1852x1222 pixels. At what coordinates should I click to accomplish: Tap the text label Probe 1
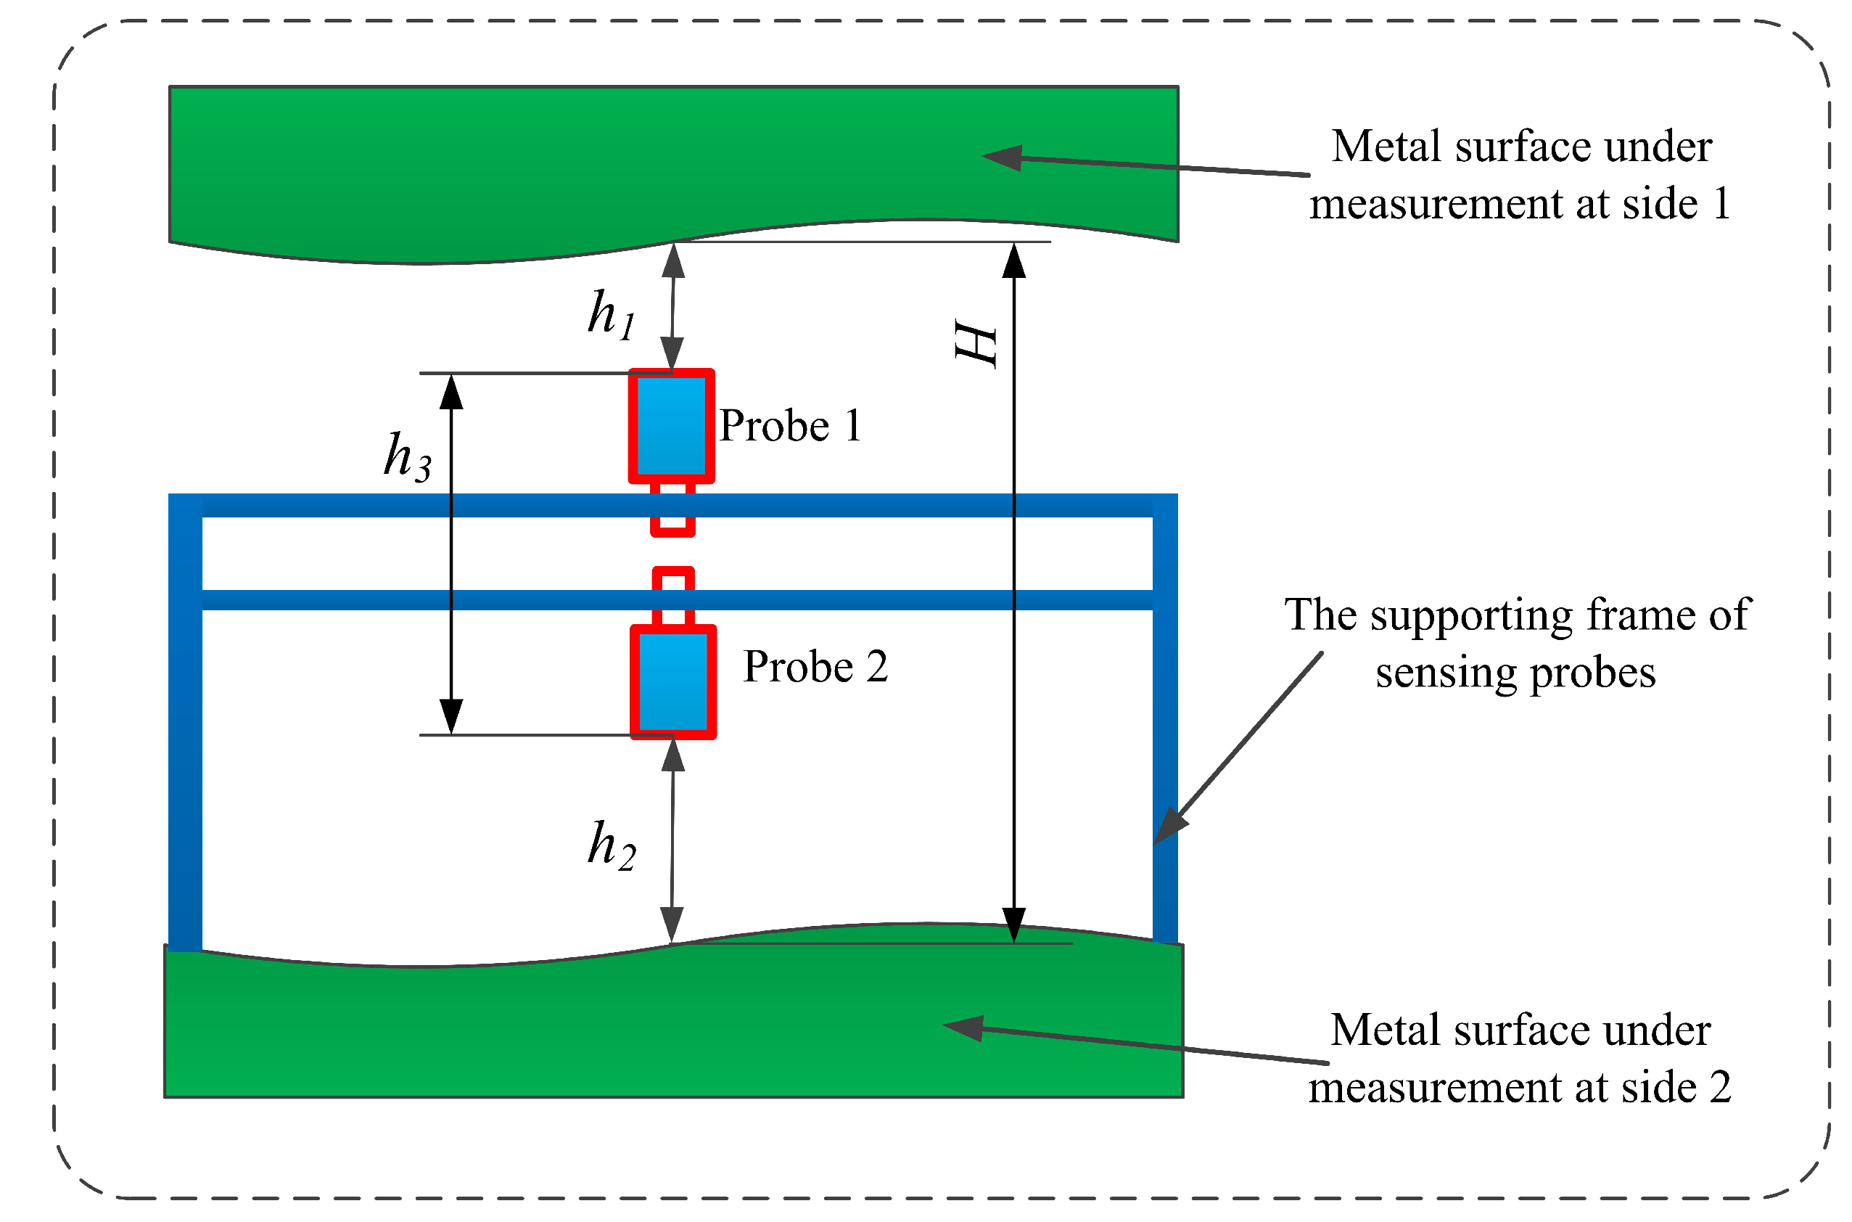(789, 426)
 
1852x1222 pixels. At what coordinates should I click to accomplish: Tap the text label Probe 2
(815, 667)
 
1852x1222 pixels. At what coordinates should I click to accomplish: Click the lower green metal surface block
(546, 1029)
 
